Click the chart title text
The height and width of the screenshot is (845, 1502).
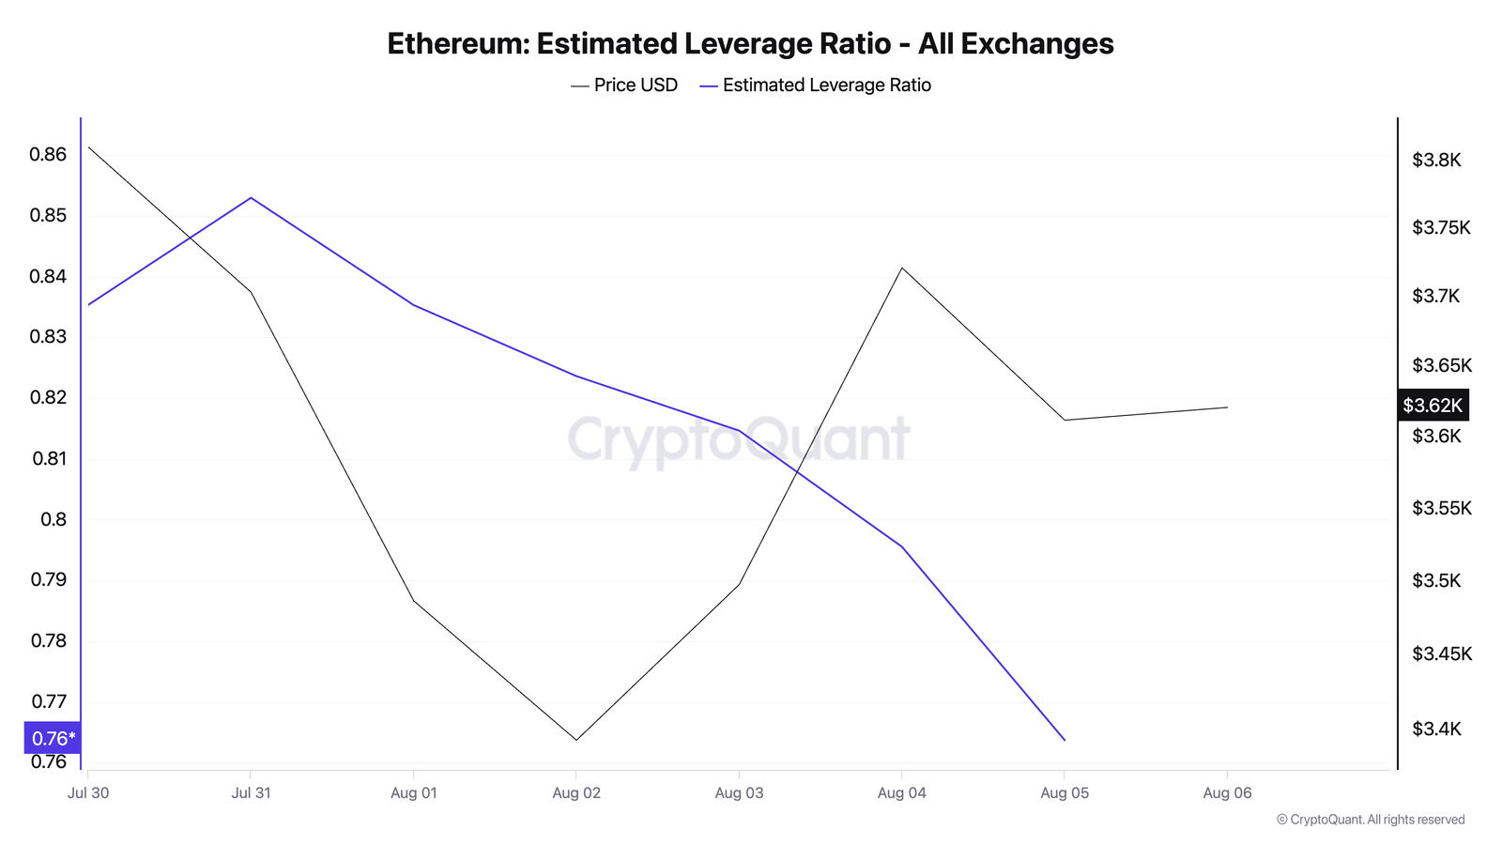click(x=750, y=44)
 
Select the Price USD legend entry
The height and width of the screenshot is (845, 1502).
click(x=624, y=85)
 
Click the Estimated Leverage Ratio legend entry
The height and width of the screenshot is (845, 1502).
click(x=815, y=85)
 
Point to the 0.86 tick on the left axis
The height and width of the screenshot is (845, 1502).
click(x=49, y=155)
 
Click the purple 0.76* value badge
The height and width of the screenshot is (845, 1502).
click(x=53, y=738)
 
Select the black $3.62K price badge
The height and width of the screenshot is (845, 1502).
click(x=1433, y=405)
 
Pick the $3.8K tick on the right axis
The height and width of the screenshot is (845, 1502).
click(x=1436, y=161)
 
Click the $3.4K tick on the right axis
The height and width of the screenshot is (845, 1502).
click(x=1436, y=729)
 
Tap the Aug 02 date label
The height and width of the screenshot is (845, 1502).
click(x=576, y=793)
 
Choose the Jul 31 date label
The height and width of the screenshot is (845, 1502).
click(x=251, y=793)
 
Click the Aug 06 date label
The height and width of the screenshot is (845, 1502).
click(x=1227, y=793)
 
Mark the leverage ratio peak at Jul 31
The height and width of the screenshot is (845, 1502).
click(x=251, y=198)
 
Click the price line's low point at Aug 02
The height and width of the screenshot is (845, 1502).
click(x=576, y=740)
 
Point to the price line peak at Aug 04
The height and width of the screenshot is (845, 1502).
click(x=902, y=269)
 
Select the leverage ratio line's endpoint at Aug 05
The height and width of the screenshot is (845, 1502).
click(x=1065, y=740)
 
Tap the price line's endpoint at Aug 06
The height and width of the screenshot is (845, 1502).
click(x=1227, y=407)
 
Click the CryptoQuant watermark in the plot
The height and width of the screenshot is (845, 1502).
click(x=739, y=439)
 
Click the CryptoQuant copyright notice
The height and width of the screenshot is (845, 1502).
click(x=1371, y=820)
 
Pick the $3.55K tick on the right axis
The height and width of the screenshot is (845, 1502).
click(x=1441, y=509)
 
